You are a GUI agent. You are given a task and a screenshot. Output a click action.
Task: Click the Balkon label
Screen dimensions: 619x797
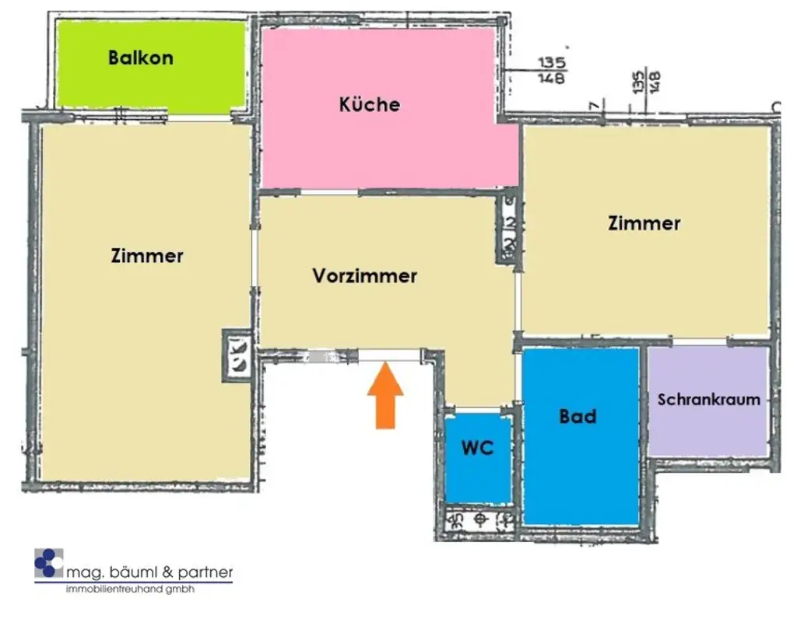[x=141, y=58]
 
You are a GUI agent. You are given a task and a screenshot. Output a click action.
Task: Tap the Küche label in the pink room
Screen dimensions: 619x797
[x=369, y=104]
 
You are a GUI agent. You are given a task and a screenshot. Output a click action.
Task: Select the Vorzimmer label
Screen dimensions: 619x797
[x=364, y=275]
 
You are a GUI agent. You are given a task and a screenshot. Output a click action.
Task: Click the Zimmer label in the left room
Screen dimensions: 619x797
[x=147, y=255]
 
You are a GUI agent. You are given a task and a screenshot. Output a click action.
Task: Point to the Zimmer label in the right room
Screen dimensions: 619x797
[x=644, y=224]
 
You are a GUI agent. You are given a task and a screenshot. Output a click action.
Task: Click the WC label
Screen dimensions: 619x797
[x=477, y=449]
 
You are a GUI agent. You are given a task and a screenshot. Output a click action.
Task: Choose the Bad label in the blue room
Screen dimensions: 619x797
[x=578, y=416]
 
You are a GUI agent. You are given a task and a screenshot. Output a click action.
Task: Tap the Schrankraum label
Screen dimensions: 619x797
[x=708, y=400]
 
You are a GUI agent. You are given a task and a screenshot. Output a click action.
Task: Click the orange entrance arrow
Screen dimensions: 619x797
[x=385, y=398]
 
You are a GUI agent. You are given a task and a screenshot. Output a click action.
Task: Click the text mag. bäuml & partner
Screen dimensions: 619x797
[x=149, y=573]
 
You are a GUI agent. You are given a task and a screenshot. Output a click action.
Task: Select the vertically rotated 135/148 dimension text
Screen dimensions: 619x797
[x=647, y=81]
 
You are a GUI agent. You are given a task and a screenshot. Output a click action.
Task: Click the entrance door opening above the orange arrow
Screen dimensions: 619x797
[x=389, y=355]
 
